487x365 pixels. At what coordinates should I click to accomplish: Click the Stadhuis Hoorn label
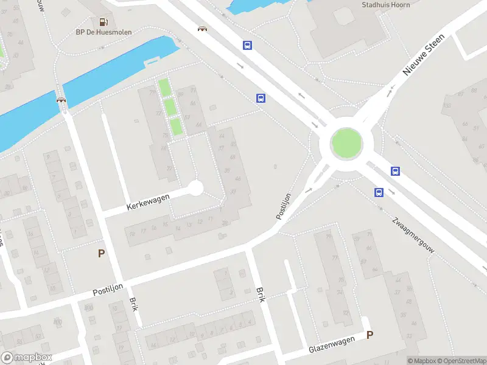385,5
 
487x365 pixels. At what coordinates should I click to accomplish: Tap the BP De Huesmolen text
103,32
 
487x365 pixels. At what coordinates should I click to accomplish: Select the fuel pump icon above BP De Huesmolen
103,22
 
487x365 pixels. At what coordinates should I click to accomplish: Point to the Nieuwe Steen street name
424,55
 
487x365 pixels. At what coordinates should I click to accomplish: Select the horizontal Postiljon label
108,291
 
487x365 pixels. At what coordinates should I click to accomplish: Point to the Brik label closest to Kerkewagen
134,305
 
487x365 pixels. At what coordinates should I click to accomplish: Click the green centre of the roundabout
346,143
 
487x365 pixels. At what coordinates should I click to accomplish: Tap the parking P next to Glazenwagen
370,335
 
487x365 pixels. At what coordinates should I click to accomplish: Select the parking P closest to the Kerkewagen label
102,254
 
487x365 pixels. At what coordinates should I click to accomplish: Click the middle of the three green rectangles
170,108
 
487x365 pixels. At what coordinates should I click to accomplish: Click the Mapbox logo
26,358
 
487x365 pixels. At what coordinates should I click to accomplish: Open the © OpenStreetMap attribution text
461,361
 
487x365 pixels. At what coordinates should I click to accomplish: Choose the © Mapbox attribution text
422,361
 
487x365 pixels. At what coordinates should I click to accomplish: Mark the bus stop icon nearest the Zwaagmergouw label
379,193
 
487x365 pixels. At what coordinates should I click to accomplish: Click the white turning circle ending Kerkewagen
195,188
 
